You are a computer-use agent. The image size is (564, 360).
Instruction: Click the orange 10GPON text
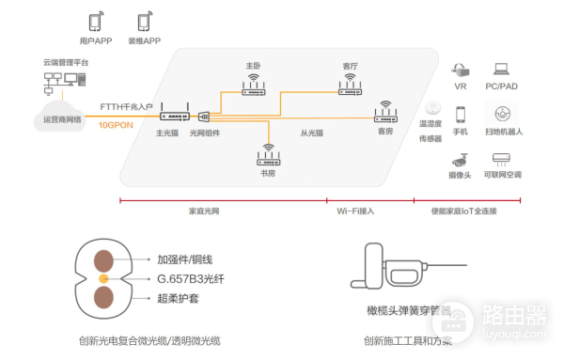tap(117, 123)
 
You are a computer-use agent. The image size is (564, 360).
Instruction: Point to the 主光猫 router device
tap(174, 115)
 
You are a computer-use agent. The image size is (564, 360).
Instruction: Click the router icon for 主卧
tap(254, 86)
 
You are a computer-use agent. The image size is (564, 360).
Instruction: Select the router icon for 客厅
tap(351, 86)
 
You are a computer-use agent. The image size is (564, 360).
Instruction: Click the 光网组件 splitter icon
tap(204, 117)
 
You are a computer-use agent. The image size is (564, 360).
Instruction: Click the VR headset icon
tap(461, 70)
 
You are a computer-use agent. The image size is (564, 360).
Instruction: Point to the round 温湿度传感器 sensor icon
tap(432, 106)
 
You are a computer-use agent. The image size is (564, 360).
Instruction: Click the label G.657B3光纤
tap(191, 278)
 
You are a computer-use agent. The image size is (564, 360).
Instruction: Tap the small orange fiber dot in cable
tap(104, 279)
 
